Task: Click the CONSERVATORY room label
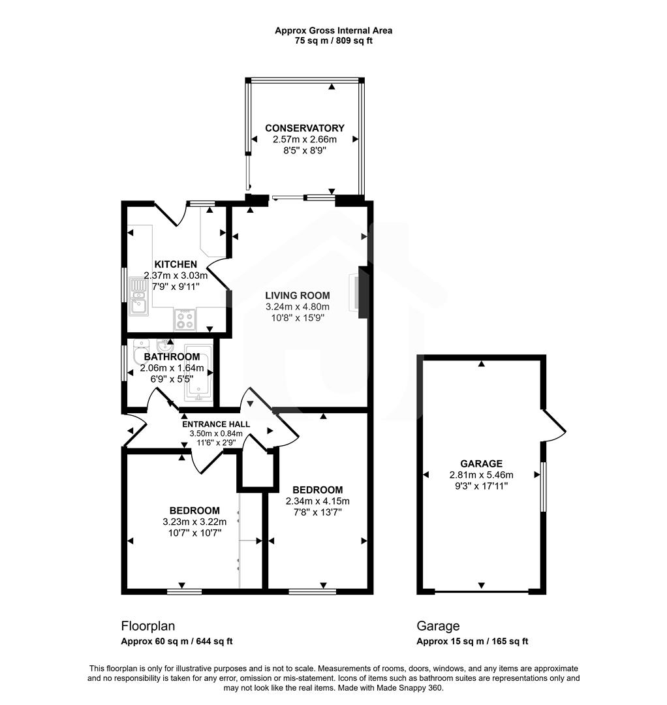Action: pyautogui.click(x=304, y=128)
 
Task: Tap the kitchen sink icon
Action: pyautogui.click(x=138, y=296)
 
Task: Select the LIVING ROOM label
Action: pyautogui.click(x=298, y=295)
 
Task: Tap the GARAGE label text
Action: pyautogui.click(x=481, y=463)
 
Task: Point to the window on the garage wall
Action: pyautogui.click(x=543, y=486)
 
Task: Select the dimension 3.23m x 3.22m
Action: pyautogui.click(x=194, y=522)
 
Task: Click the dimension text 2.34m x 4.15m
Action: pyautogui.click(x=318, y=501)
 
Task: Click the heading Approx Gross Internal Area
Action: pyautogui.click(x=333, y=30)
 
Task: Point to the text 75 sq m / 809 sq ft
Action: pyautogui.click(x=333, y=40)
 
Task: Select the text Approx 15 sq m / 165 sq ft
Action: pyautogui.click(x=473, y=642)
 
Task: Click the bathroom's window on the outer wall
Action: pyautogui.click(x=125, y=362)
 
